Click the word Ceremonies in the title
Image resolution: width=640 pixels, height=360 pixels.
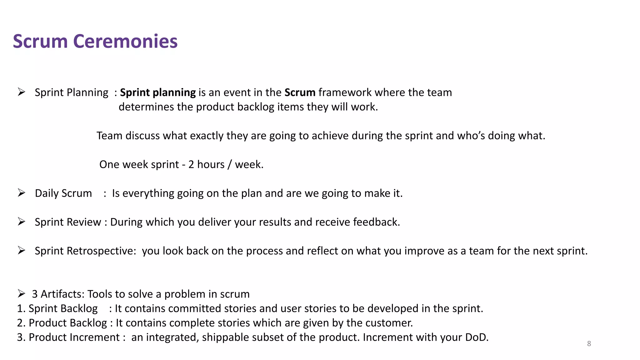[125, 41]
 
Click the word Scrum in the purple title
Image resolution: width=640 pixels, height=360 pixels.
[40, 41]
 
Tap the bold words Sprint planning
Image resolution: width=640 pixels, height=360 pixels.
[158, 92]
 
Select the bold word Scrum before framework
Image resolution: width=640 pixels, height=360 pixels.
[300, 92]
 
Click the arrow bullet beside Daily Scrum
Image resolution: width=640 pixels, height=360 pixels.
[21, 193]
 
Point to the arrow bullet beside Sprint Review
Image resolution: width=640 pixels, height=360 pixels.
[21, 222]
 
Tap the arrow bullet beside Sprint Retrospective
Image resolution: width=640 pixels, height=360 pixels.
[21, 250]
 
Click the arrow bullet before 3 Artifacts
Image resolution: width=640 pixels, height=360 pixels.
[21, 293]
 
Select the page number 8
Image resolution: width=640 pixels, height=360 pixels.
[589, 344]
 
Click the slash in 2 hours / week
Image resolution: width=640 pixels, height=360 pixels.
[230, 165]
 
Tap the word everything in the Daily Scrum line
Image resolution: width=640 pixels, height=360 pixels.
[148, 193]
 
